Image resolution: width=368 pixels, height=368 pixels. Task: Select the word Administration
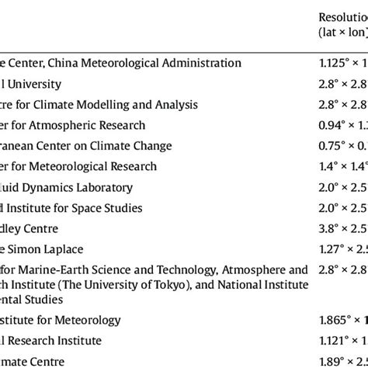(204, 63)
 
